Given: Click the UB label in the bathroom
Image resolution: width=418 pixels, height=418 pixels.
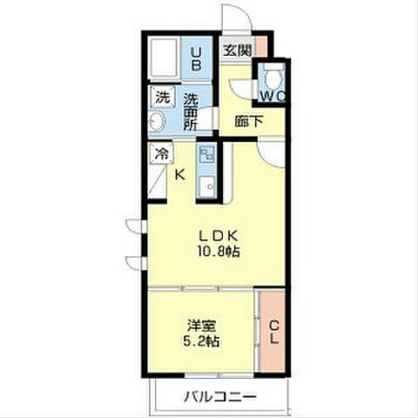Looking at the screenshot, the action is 196,59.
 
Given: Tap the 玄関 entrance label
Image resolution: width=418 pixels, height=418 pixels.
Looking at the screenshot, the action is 237,51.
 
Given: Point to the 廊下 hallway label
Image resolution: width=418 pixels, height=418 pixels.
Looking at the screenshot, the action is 249,121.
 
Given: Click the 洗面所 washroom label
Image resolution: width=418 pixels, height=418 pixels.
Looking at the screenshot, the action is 191,111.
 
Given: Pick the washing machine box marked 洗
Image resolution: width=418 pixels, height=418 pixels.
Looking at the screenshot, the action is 163,98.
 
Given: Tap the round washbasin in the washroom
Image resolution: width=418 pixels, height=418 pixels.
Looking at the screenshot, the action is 157,121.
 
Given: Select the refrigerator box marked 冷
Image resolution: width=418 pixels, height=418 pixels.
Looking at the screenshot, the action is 161,152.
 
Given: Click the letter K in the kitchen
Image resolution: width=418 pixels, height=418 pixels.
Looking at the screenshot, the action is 180,175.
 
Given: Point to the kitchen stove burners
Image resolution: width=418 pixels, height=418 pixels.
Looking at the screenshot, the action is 207,155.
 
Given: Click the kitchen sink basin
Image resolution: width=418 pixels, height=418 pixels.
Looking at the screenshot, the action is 207,185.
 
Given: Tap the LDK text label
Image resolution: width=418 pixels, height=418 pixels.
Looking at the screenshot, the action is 219,236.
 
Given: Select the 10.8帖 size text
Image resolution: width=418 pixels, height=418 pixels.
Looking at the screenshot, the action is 219,252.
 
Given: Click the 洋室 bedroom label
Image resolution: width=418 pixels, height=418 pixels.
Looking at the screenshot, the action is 201,326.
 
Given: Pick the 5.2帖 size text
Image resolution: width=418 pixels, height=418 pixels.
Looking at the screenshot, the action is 201,341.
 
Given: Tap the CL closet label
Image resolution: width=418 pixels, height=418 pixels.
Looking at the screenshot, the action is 273,333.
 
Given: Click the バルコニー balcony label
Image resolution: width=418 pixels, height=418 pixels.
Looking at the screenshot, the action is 220,396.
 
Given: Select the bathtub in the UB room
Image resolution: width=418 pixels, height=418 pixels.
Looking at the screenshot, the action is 164,57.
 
